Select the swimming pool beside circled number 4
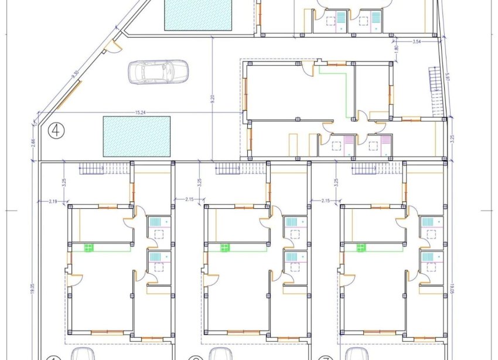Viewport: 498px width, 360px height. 137,136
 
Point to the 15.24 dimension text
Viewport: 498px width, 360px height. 139,110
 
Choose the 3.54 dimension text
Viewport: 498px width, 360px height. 417,42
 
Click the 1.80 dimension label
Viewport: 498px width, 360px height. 397,48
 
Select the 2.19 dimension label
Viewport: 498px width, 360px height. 52,201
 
